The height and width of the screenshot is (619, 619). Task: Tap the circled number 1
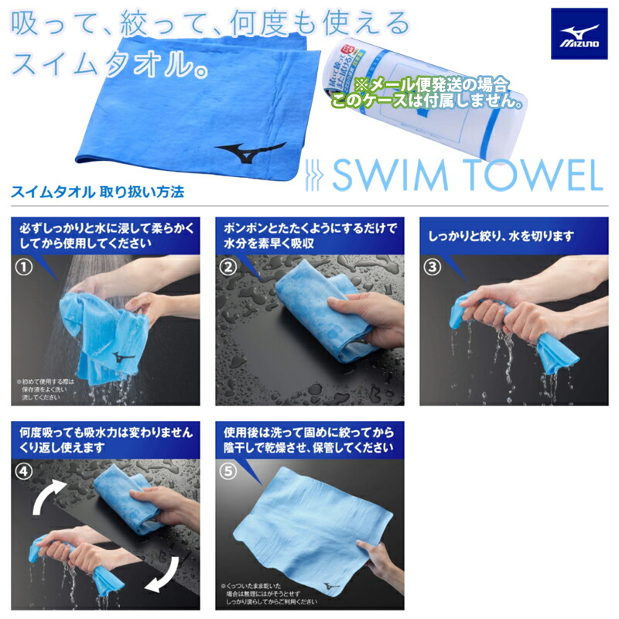(27, 268)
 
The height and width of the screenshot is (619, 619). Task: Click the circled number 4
(27, 471)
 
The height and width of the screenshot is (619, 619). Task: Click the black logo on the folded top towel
(248, 150)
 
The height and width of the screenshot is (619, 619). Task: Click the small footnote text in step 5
(269, 595)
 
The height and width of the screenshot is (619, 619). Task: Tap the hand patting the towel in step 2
(371, 313)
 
